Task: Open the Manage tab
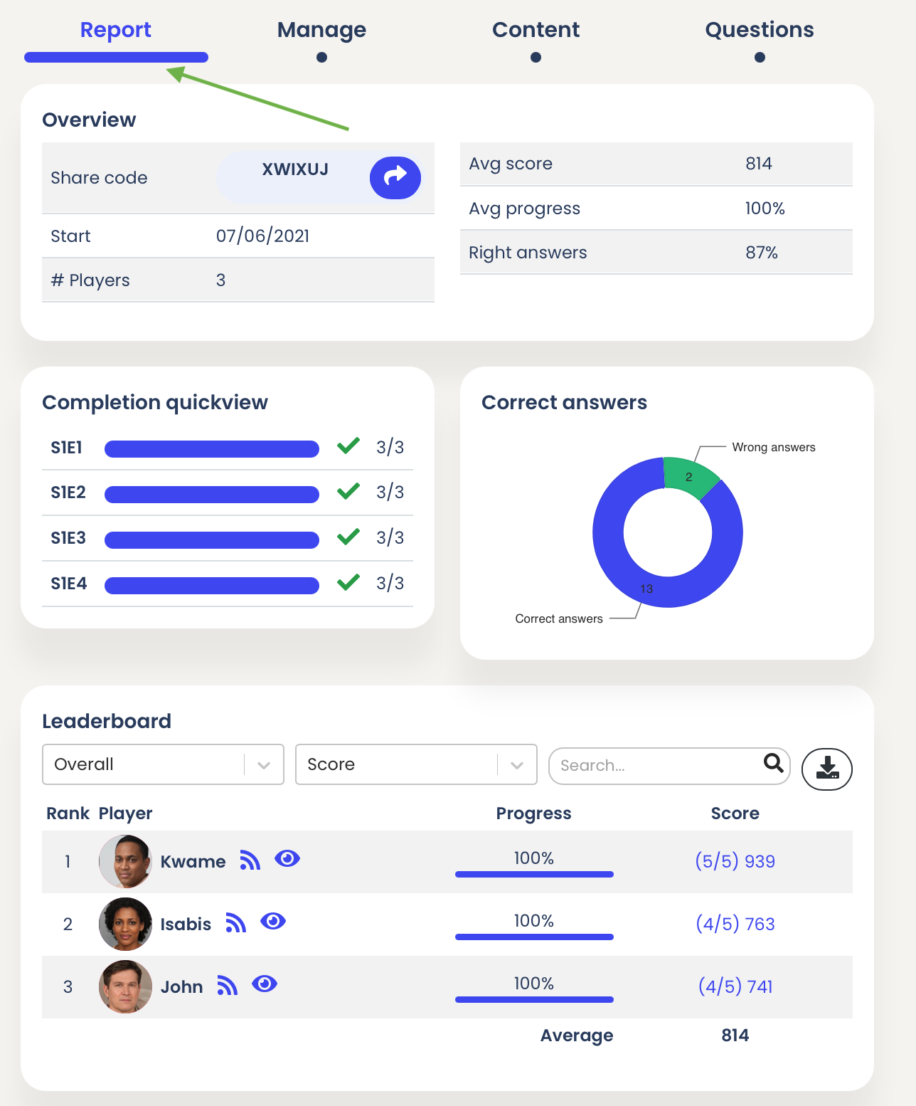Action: (x=321, y=30)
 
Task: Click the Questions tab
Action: (x=759, y=30)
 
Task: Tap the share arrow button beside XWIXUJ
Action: (x=395, y=177)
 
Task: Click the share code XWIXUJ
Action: (x=295, y=169)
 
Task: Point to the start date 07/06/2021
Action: (x=262, y=236)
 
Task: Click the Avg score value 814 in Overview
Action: (x=758, y=164)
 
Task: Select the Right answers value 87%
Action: (x=761, y=253)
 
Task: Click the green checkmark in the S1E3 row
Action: (x=348, y=537)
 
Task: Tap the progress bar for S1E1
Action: (x=212, y=448)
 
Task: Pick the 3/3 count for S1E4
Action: (x=390, y=584)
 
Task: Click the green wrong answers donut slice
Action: (x=689, y=476)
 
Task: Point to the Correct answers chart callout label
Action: (x=558, y=618)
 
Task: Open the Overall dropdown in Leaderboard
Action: (x=163, y=764)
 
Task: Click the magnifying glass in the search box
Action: (x=773, y=764)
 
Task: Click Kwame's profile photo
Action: (x=125, y=861)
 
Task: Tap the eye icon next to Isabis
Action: (x=273, y=922)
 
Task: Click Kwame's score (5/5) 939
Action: (x=735, y=861)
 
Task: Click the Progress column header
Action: (x=533, y=813)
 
